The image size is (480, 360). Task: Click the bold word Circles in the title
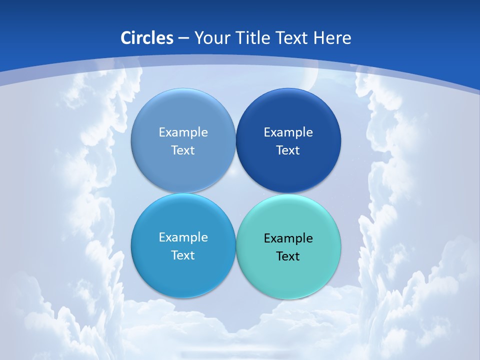tap(147, 38)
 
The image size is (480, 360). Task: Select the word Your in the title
tap(210, 38)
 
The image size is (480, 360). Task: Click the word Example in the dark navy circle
tap(288, 132)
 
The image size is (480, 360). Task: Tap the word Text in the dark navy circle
tap(288, 150)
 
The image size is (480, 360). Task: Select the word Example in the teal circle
tap(288, 238)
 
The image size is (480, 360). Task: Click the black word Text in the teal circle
tap(288, 256)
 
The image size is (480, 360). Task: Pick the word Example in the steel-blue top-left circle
tap(183, 132)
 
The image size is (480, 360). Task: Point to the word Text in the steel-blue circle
tap(183, 150)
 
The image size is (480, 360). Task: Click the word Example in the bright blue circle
tap(183, 237)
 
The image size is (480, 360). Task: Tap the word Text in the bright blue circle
tap(183, 255)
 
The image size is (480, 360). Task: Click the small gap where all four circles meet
tap(235, 193)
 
